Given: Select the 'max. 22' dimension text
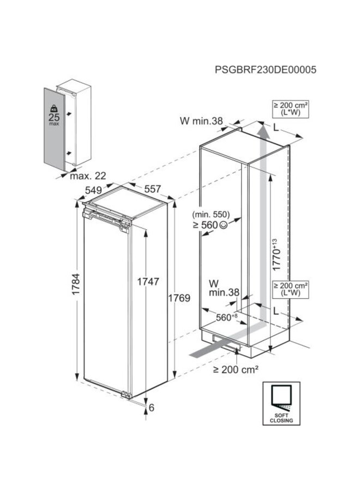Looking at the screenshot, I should click(x=87, y=176).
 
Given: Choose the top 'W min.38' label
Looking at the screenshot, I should click(x=202, y=122).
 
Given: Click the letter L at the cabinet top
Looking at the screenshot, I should click(x=278, y=127).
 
